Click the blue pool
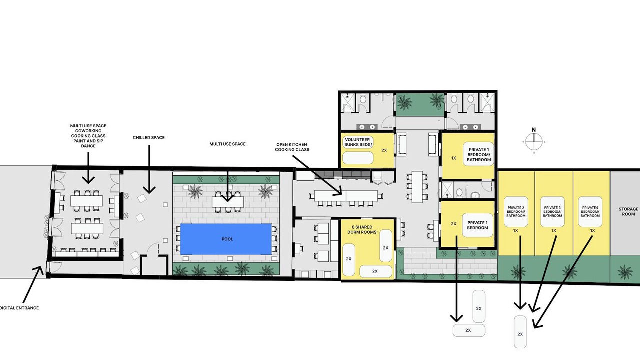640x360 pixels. [225, 239]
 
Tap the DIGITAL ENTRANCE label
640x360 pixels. [19, 308]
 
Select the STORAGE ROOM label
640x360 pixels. [628, 211]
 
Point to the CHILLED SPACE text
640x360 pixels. [149, 137]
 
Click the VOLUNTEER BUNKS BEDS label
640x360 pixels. [358, 142]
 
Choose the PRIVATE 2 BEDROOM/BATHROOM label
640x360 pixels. [516, 212]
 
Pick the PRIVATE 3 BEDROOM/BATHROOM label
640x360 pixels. [552, 212]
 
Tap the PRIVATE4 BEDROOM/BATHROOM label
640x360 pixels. [590, 212]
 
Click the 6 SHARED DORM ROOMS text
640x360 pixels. [362, 229]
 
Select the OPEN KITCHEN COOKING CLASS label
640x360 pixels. [292, 147]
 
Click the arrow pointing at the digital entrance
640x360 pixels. [33, 284]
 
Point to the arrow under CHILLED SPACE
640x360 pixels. [149, 169]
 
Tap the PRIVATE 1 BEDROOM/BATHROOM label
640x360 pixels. [479, 155]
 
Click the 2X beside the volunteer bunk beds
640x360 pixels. [384, 150]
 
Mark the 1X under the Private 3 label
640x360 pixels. [553, 230]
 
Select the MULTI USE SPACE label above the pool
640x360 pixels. [227, 144]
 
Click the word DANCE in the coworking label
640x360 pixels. [88, 146]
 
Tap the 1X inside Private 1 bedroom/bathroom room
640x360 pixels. [453, 158]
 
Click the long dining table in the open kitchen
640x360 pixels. [346, 195]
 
